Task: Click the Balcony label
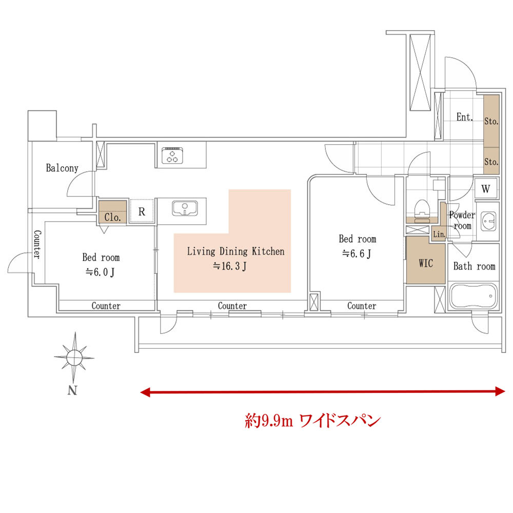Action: point(62,168)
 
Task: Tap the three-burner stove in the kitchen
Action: point(172,155)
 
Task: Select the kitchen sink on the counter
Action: point(185,210)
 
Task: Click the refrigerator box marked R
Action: point(142,211)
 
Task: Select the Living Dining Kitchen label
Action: point(235,251)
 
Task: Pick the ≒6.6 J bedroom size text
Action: point(357,253)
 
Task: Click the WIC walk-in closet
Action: point(426,263)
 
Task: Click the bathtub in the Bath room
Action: point(473,296)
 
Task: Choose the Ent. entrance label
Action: point(464,117)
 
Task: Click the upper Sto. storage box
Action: point(491,121)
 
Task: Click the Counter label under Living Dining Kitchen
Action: point(232,306)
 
